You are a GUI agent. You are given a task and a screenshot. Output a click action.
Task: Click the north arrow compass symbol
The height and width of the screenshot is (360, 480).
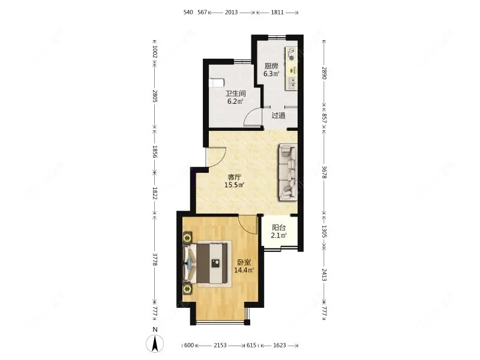click(x=155, y=343)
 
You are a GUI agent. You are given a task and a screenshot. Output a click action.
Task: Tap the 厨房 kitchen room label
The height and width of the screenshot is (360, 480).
click(x=272, y=66)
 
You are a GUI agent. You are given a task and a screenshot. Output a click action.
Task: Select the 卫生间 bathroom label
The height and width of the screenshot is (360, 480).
click(x=236, y=94)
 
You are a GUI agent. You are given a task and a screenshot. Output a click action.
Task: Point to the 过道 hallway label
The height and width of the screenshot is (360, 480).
click(x=278, y=116)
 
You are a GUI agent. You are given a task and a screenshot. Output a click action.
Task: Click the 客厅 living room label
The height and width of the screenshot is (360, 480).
click(x=235, y=177)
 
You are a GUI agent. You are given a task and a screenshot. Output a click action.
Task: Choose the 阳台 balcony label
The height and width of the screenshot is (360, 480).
click(x=279, y=228)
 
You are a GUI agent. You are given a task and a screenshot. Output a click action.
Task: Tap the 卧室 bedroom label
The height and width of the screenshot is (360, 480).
click(x=244, y=262)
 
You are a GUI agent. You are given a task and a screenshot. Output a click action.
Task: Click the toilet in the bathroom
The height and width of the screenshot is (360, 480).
click(x=217, y=83)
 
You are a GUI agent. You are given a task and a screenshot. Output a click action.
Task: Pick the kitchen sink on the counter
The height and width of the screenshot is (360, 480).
click(x=292, y=83)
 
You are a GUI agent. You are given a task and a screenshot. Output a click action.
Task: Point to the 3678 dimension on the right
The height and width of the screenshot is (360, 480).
click(x=325, y=172)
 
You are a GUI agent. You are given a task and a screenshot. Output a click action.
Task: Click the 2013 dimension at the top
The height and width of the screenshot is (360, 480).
click(x=231, y=12)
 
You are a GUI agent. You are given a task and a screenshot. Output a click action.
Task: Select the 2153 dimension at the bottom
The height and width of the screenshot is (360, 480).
click(x=220, y=346)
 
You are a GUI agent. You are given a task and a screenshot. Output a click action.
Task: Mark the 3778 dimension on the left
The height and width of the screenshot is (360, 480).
click(x=155, y=259)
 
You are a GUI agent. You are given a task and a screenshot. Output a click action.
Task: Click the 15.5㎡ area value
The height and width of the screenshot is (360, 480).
click(x=234, y=185)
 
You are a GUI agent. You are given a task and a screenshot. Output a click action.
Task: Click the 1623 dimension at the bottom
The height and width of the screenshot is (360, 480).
click(x=279, y=346)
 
